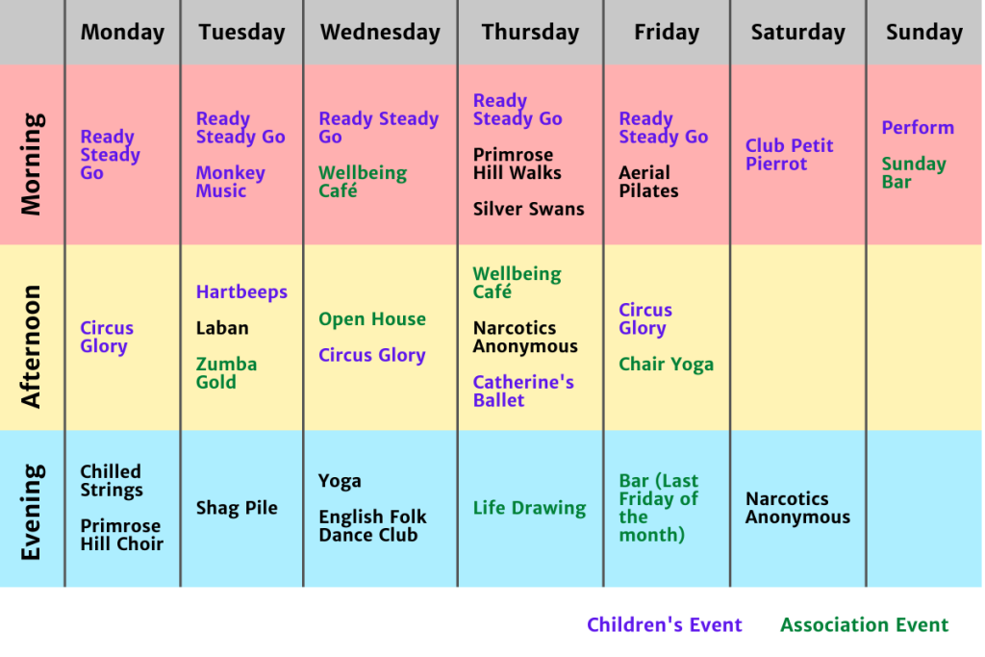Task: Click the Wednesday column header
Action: point(380,32)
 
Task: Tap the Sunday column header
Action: point(924,32)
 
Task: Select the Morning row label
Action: point(31,164)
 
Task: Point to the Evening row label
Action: point(31,512)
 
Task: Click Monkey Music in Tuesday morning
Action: point(230,182)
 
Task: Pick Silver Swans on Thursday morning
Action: point(528,209)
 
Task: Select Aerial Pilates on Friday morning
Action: point(648,182)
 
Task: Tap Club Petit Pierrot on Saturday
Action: point(789,155)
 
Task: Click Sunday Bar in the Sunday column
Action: point(914,173)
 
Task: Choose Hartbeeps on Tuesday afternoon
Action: point(241,291)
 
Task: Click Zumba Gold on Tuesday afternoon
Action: point(226,373)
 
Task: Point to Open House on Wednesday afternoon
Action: point(372,319)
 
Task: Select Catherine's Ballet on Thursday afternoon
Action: point(523,392)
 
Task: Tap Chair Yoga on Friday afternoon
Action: point(666,365)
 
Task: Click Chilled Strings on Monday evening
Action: point(112,481)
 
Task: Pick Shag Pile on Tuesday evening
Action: point(237,508)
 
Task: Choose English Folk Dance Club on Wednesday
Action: point(372,526)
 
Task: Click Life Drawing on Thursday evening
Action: point(529,508)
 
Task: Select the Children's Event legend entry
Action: point(664,625)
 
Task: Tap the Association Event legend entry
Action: point(865,625)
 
